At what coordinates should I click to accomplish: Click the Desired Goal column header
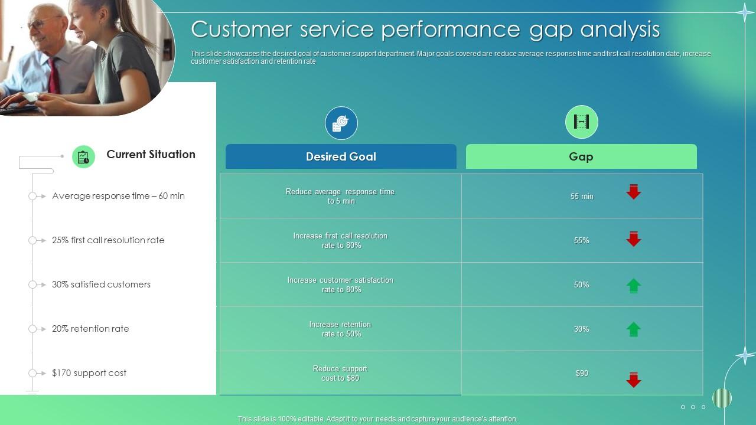coord(341,156)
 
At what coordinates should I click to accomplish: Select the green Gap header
coord(581,156)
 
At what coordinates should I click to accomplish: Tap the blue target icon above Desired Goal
coord(341,123)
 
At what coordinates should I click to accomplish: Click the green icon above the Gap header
coord(582,122)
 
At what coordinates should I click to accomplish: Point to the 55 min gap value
coord(582,196)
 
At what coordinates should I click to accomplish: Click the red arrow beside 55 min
coord(634,192)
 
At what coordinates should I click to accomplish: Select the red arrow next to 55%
coord(634,238)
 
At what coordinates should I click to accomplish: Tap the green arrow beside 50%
coord(634,286)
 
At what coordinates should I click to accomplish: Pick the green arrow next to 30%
coord(634,329)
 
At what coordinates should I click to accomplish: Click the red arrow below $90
coord(634,380)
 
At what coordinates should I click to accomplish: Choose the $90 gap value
coord(582,373)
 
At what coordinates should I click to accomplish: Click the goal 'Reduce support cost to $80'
coord(340,373)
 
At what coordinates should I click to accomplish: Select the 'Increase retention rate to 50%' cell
coord(340,329)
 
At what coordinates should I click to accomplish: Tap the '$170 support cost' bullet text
coord(89,373)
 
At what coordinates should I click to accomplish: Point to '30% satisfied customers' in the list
coord(101,285)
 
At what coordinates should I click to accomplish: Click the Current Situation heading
coord(151,155)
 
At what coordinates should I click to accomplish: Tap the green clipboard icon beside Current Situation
coord(83,157)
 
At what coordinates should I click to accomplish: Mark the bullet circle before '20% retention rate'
coord(32,329)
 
